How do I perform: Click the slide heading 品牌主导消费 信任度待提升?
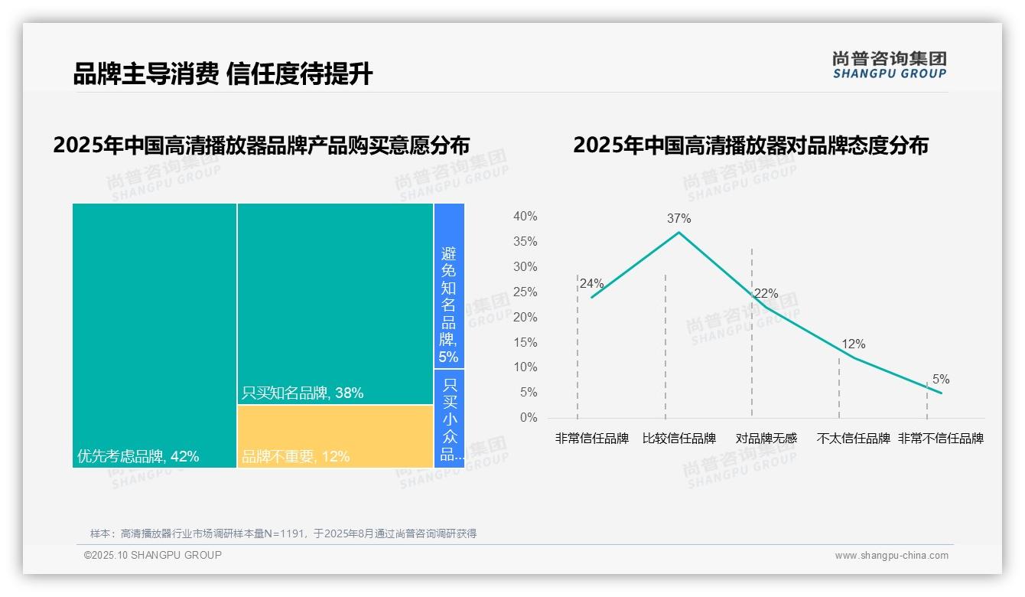[x=223, y=74]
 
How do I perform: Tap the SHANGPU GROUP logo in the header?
[x=889, y=65]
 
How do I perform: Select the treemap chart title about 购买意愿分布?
[x=262, y=145]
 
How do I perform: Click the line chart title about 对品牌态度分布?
[x=750, y=145]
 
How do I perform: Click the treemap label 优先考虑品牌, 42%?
[x=138, y=457]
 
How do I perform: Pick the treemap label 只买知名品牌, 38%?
[x=302, y=393]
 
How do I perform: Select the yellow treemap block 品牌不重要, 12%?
[x=335, y=436]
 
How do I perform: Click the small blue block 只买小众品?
[x=450, y=418]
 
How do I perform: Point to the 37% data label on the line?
[x=678, y=219]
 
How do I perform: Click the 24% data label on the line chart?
[x=591, y=283]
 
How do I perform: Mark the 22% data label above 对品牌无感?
[x=766, y=294]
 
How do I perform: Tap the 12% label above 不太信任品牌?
[x=853, y=344]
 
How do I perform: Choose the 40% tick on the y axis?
[x=525, y=217]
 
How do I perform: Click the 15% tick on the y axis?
[x=525, y=342]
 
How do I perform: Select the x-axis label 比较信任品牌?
[x=679, y=439]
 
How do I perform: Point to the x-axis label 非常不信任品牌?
[x=940, y=439]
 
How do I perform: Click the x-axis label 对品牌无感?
[x=766, y=439]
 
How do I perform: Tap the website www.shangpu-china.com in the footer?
[x=891, y=556]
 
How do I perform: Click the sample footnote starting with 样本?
[x=283, y=533]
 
